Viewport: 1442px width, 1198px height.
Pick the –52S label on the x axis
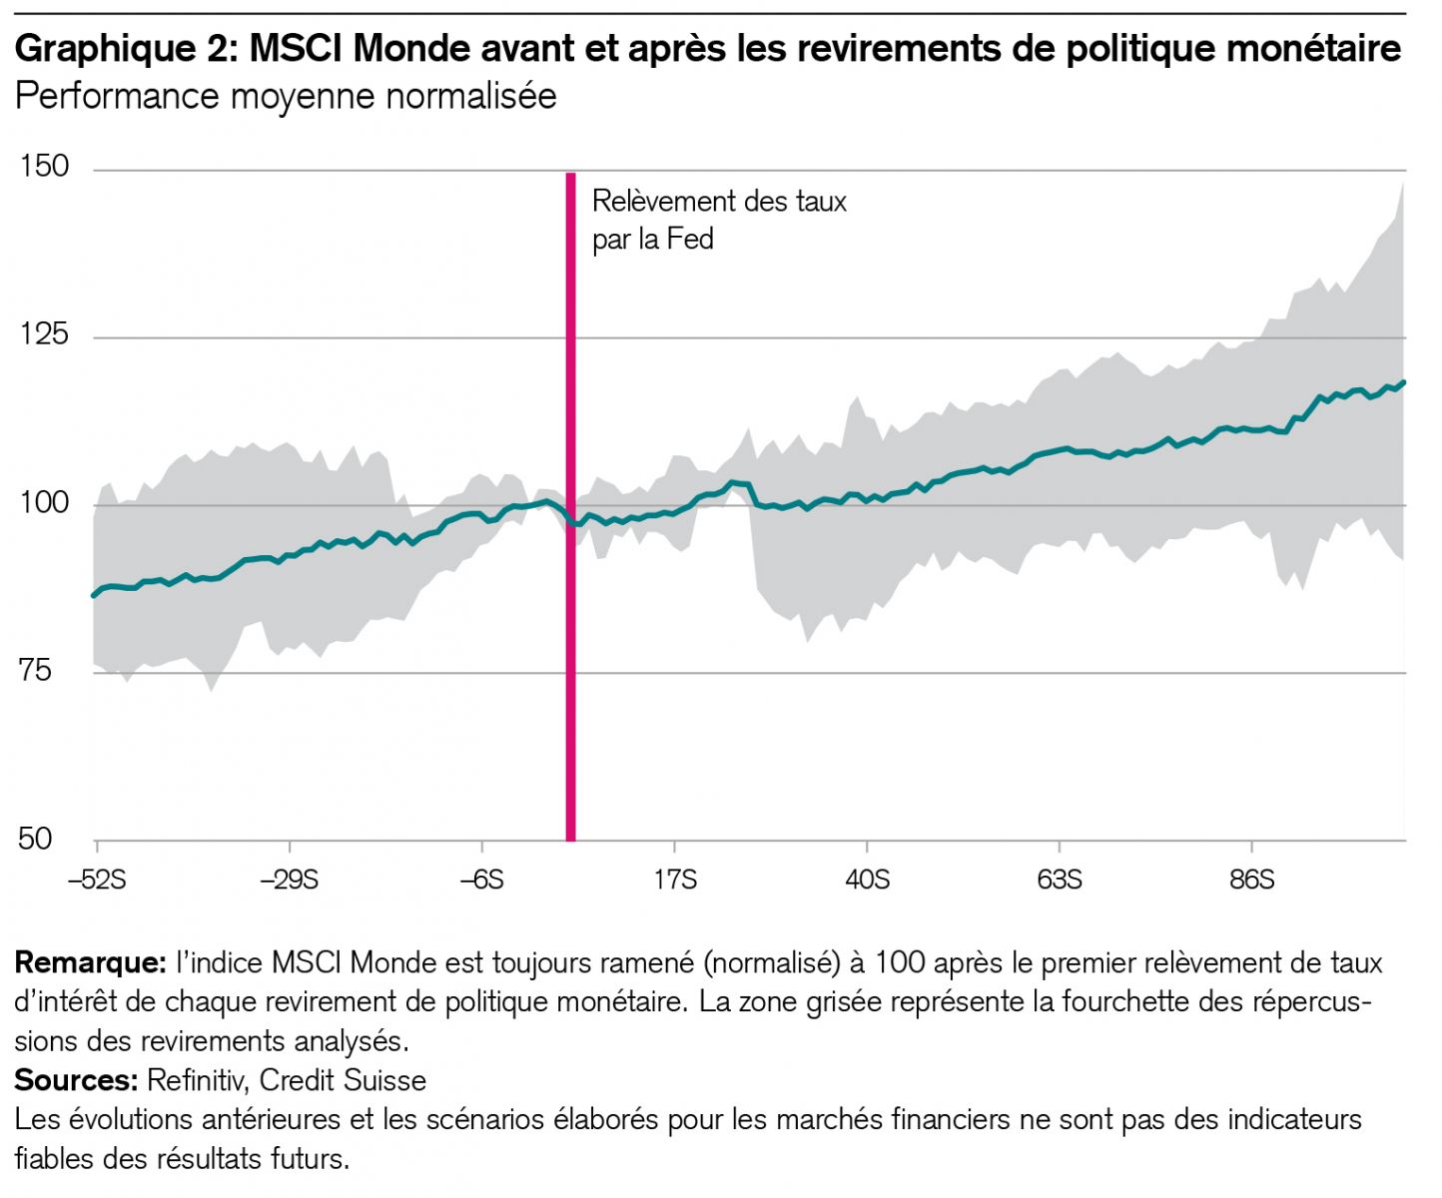tap(96, 880)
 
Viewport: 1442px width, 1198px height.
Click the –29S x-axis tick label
tap(289, 880)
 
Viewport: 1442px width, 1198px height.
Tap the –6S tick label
tap(481, 880)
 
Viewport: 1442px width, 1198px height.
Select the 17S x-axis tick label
tap(675, 880)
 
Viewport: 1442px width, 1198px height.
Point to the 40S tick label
tap(867, 880)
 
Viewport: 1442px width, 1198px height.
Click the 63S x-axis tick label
tap(1060, 880)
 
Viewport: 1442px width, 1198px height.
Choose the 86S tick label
tap(1252, 880)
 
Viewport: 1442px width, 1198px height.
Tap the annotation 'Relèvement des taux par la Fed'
tap(719, 220)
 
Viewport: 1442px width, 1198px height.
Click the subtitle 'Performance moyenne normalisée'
tap(286, 97)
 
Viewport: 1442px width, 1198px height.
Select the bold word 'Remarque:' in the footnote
tap(90, 963)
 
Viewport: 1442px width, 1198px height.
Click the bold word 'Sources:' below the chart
tap(76, 1080)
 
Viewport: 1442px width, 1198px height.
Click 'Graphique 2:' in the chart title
tap(126, 48)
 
